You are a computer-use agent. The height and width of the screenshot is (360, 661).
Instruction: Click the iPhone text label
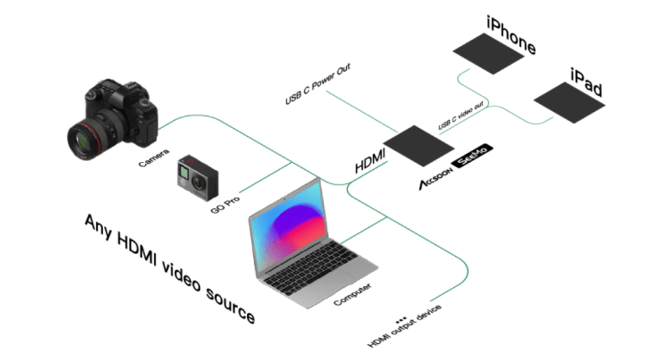511,35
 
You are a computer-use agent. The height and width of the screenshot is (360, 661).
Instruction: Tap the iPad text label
586,82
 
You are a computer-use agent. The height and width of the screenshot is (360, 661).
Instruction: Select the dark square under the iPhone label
488,53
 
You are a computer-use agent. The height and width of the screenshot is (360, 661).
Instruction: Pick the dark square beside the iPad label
569,102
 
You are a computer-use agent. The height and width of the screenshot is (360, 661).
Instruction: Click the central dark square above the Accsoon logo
419,146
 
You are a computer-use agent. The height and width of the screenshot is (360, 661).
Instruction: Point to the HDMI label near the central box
370,161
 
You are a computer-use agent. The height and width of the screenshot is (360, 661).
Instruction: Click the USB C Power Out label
318,84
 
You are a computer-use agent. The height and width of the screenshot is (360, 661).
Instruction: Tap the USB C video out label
461,115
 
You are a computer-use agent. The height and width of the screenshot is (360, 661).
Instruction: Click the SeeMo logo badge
472,155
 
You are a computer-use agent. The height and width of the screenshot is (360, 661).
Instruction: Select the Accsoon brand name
436,178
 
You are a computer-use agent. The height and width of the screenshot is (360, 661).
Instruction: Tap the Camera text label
154,158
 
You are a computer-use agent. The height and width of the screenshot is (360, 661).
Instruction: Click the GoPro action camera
197,177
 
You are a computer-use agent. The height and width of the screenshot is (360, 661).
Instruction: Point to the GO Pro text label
225,204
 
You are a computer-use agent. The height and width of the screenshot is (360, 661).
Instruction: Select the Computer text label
352,294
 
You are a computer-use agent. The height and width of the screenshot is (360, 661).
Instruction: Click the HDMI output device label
405,326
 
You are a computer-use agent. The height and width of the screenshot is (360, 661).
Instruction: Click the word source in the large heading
230,305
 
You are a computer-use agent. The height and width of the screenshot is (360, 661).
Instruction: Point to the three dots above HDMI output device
401,320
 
